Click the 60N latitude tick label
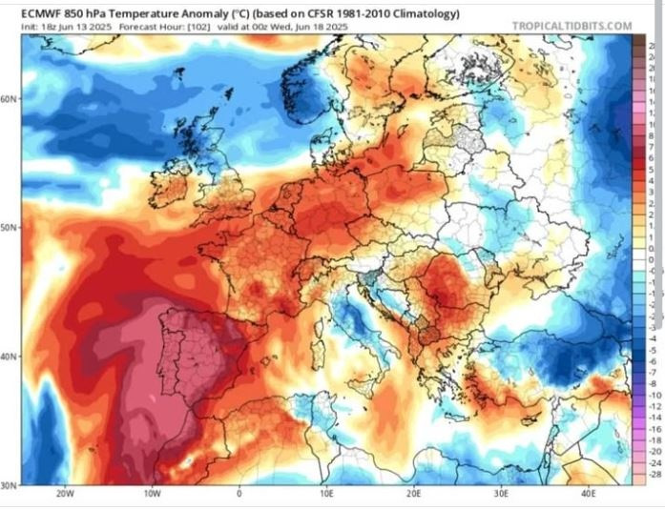[x=10, y=98]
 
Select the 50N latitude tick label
[x=10, y=228]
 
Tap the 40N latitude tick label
[x=10, y=357]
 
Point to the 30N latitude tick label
[x=10, y=484]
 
